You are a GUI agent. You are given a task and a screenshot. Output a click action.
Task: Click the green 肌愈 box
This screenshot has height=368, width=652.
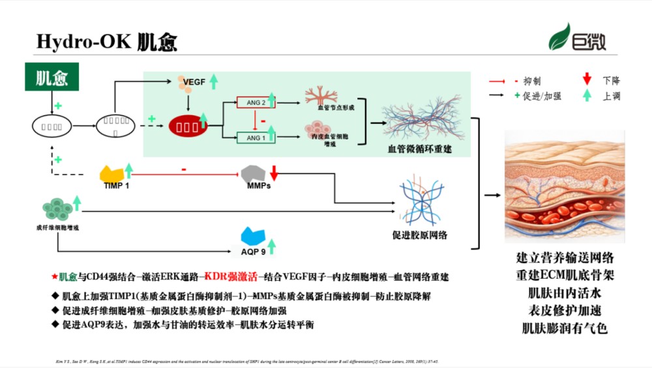pyautogui.click(x=52, y=76)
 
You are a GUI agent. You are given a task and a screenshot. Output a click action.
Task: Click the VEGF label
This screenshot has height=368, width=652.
pyautogui.click(x=194, y=82)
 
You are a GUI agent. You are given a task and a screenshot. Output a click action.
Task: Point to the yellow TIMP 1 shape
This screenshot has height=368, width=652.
pyautogui.click(x=111, y=174)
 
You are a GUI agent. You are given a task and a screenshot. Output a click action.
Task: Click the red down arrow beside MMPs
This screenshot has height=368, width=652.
pyautogui.click(x=274, y=173)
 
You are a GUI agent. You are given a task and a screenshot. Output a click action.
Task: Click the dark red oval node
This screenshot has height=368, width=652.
pyautogui.click(x=188, y=125)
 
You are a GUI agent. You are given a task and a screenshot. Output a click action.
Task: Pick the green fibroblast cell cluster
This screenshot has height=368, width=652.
pyautogui.click(x=57, y=208)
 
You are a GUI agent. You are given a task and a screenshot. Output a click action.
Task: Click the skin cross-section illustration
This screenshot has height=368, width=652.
pyautogui.click(x=565, y=186)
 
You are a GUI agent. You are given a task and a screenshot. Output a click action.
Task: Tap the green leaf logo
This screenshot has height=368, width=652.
pyautogui.click(x=559, y=37)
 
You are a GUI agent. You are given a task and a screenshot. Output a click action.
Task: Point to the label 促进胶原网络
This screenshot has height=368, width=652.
pyautogui.click(x=419, y=234)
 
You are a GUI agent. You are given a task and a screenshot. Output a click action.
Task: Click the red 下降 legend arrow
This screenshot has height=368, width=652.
pyautogui.click(x=587, y=79)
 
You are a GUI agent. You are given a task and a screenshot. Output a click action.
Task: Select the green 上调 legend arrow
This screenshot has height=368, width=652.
pyautogui.click(x=587, y=95)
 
